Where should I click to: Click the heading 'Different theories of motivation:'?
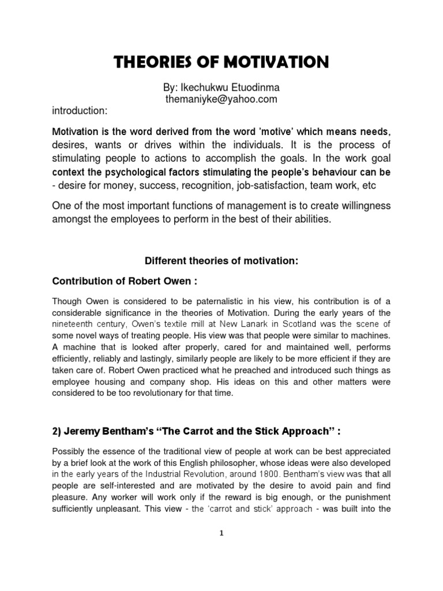click(221, 261)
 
